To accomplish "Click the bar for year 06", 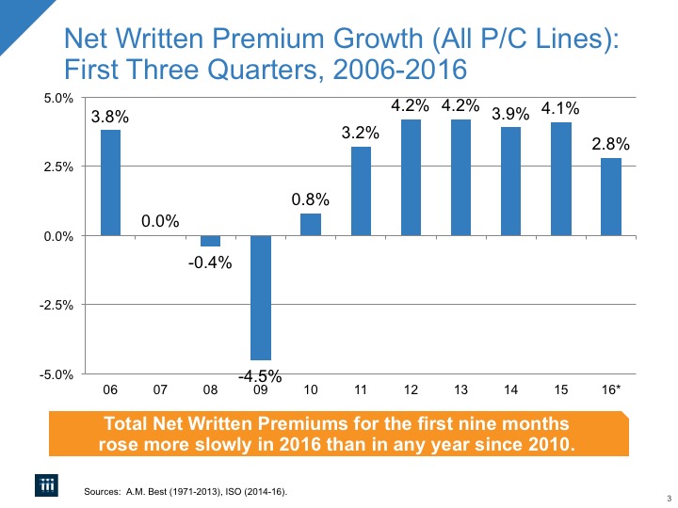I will [x=110, y=183].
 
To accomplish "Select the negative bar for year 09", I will [x=260, y=297].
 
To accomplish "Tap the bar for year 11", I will [x=361, y=191].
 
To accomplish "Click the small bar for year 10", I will [x=311, y=225].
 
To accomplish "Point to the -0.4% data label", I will [x=210, y=261].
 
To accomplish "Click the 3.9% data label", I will [x=510, y=113].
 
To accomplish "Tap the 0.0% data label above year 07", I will [x=160, y=221].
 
